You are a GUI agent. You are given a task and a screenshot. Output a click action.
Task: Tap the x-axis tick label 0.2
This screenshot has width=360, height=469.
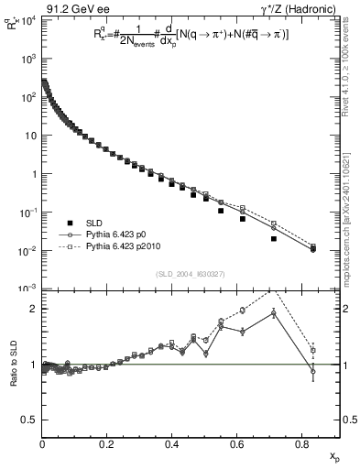pos(107,445)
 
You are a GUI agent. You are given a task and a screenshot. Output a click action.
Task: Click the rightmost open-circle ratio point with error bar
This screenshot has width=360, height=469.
pos(313,371)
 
